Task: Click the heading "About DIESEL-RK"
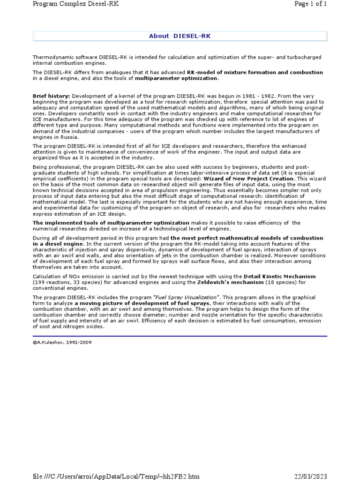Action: pyautogui.click(x=180, y=36)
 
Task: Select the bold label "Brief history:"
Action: pyautogui.click(x=51, y=96)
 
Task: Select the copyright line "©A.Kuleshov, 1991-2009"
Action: pyautogui.click(x=62, y=342)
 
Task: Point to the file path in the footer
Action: pyautogui.click(x=116, y=476)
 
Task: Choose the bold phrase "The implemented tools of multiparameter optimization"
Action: pyautogui.click(x=111, y=223)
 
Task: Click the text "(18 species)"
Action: pyautogui.click(x=277, y=282)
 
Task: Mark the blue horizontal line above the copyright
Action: pyautogui.click(x=180, y=336)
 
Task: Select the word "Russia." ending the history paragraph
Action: pyautogui.click(x=70, y=137)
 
